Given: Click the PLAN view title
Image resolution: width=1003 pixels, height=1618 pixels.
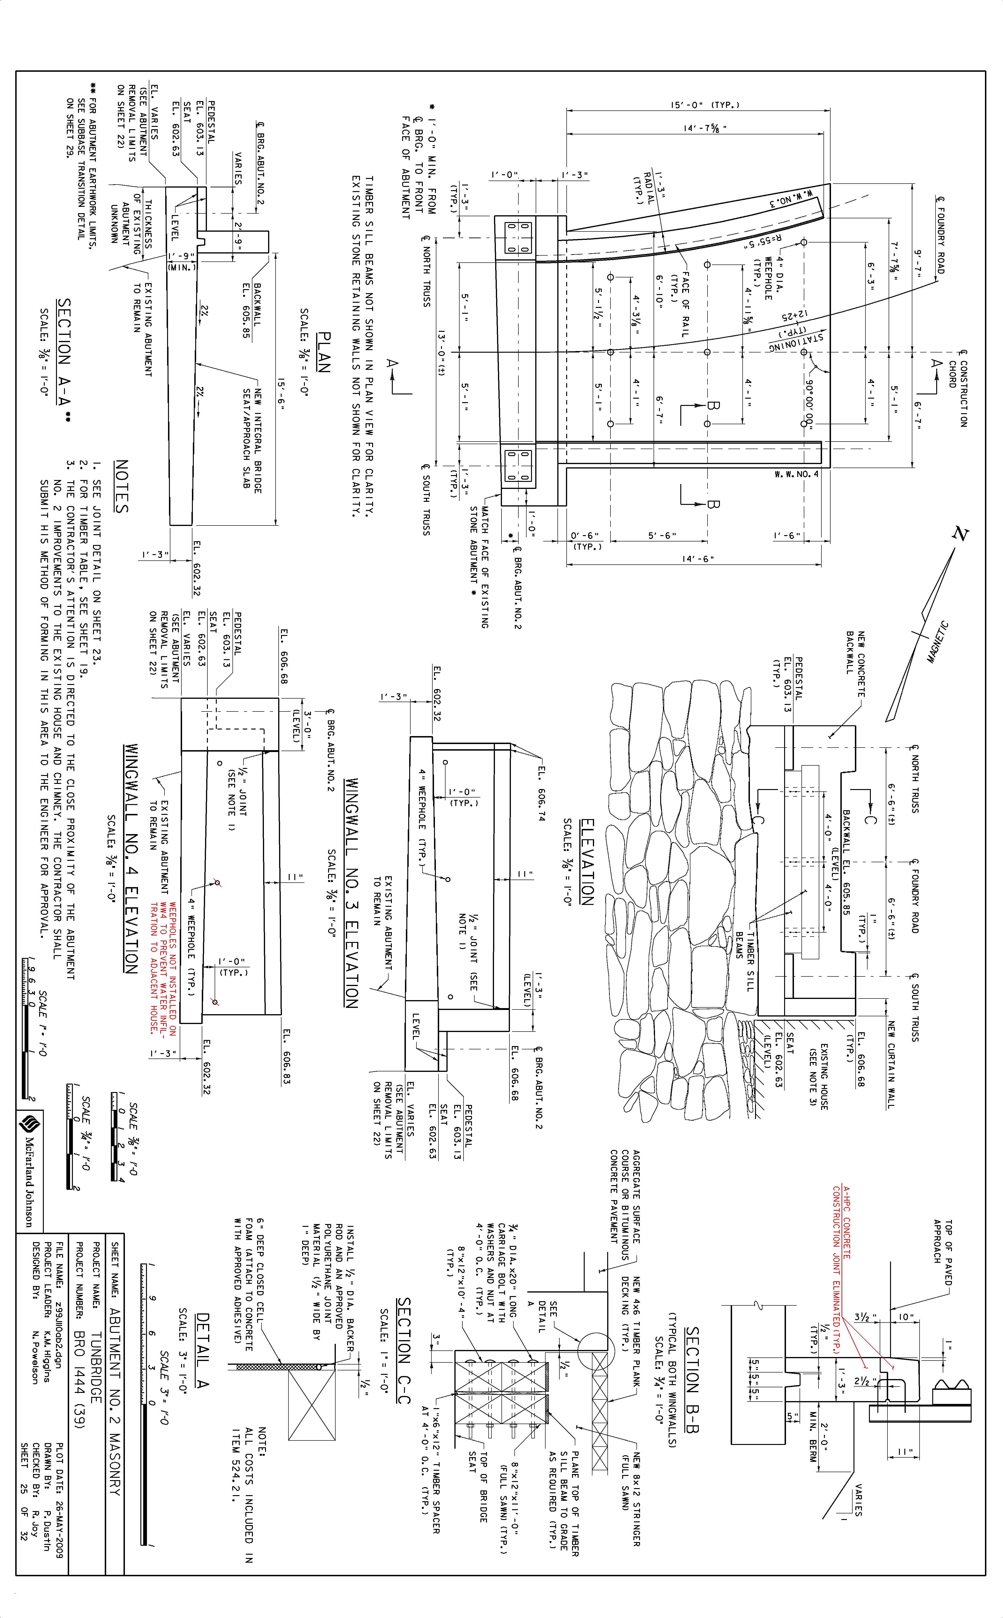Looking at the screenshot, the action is (324, 352).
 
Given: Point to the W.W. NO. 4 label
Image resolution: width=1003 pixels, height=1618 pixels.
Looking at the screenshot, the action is (796, 475).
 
